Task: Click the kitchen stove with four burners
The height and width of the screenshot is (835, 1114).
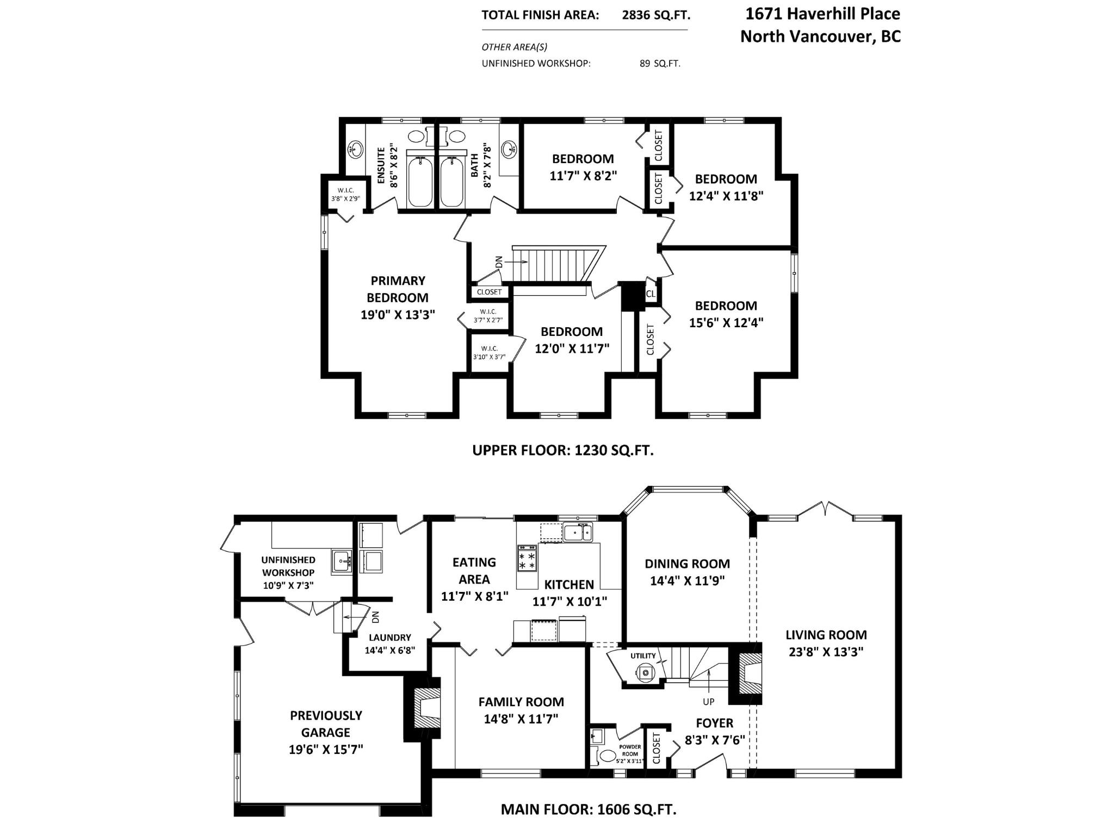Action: [527, 558]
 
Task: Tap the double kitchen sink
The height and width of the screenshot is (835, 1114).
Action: [578, 532]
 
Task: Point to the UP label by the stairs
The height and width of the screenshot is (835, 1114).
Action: [708, 702]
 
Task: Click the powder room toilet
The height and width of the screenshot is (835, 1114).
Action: [606, 755]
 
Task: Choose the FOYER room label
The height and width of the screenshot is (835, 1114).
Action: [715, 723]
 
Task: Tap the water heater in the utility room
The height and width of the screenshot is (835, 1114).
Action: [645, 673]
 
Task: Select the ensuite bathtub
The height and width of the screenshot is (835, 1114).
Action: [420, 182]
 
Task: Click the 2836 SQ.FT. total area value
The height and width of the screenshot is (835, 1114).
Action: [656, 15]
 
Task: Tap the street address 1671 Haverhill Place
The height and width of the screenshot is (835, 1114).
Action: [822, 14]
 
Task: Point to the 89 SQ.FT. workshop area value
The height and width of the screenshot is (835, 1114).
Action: [660, 63]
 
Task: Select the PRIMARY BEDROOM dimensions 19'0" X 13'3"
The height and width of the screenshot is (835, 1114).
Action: [398, 314]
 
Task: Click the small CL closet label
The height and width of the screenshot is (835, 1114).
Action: [651, 294]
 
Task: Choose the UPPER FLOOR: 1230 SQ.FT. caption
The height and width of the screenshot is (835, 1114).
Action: [563, 450]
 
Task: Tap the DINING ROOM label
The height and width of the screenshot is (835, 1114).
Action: [688, 564]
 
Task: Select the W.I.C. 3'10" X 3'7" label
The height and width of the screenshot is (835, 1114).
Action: [489, 353]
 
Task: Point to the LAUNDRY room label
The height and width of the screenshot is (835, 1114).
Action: [390, 638]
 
